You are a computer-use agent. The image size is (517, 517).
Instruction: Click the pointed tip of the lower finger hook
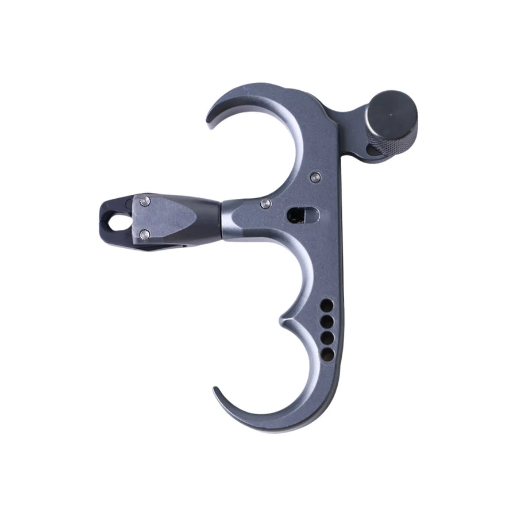click(215, 390)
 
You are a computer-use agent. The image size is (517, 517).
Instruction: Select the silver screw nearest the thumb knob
click(314, 177)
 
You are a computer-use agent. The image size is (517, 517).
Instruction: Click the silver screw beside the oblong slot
click(265, 203)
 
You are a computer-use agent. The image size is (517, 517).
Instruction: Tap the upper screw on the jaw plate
click(145, 200)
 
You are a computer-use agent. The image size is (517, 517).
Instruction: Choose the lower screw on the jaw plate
click(145, 234)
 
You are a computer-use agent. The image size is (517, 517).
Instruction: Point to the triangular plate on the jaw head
click(167, 217)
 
